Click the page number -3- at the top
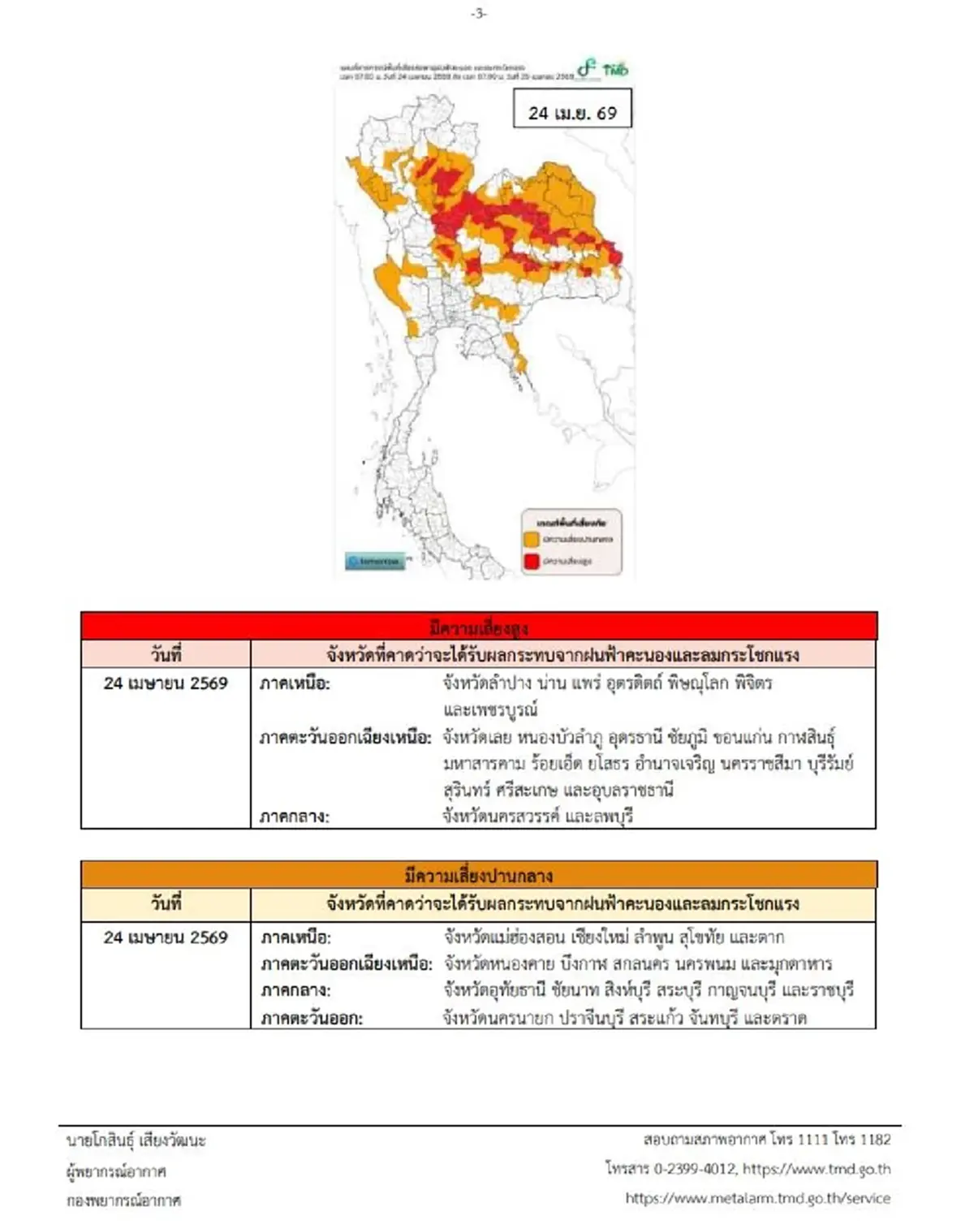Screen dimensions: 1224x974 click(479, 13)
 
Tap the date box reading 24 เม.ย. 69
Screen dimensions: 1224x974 click(572, 113)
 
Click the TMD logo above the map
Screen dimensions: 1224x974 click(606, 68)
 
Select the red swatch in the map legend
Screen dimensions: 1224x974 click(532, 561)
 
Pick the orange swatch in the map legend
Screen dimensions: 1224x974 click(532, 539)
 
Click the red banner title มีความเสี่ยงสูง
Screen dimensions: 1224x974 click(479, 627)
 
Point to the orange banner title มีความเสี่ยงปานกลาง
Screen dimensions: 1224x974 click(479, 875)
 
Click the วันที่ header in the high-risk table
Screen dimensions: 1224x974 click(166, 654)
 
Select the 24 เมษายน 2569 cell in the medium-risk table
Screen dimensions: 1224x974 click(166, 937)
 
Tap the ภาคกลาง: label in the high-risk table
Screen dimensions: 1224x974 click(294, 817)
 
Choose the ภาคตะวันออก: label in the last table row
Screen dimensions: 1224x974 click(312, 1018)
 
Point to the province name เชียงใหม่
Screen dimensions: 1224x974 click(600, 937)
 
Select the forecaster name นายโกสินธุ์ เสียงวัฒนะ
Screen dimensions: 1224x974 click(136, 1140)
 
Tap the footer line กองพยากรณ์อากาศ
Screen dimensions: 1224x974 click(124, 1200)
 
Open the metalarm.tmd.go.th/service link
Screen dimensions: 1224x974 click(757, 1198)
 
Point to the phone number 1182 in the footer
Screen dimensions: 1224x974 click(875, 1140)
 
